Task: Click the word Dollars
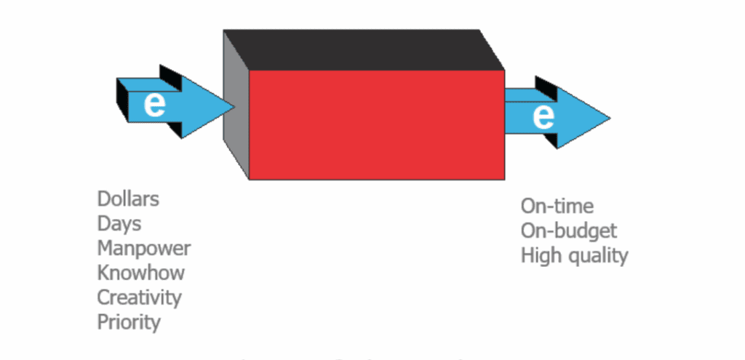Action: click(x=128, y=199)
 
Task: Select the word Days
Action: click(x=119, y=223)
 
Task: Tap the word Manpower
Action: click(x=144, y=249)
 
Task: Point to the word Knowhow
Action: click(x=141, y=273)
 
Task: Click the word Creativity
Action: click(x=139, y=297)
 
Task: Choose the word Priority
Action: click(x=129, y=322)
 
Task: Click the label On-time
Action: click(x=557, y=206)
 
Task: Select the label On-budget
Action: click(x=569, y=231)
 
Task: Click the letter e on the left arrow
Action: click(x=154, y=104)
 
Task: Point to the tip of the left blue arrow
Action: click(x=234, y=106)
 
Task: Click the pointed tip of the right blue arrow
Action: click(x=609, y=117)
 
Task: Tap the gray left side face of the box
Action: click(x=236, y=138)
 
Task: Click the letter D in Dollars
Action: click(x=104, y=199)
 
